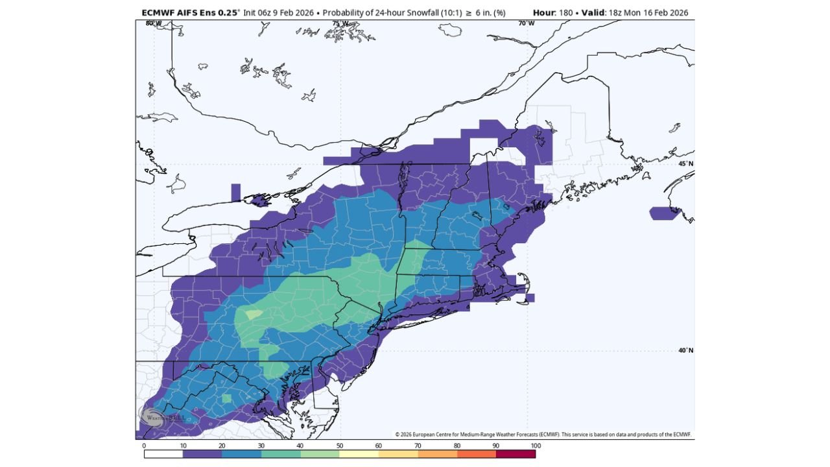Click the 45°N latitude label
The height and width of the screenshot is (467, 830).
click(x=685, y=163)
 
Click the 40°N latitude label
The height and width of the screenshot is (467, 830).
click(x=685, y=350)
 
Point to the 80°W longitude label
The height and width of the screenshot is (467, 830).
click(x=154, y=23)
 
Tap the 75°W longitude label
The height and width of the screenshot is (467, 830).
click(x=340, y=23)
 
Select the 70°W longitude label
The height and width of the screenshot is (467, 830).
click(x=527, y=23)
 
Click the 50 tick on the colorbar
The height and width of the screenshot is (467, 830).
click(x=339, y=446)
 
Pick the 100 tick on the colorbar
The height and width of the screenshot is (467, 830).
click(x=536, y=446)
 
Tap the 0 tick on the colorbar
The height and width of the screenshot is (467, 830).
click(x=144, y=446)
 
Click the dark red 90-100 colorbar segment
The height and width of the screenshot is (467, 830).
click(x=516, y=454)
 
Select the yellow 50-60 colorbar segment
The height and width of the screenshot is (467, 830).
click(x=359, y=454)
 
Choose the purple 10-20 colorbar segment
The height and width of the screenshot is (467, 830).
click(x=202, y=454)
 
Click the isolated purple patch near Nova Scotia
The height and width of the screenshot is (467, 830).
click(x=665, y=213)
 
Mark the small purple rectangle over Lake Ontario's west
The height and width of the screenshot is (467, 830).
click(x=235, y=193)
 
